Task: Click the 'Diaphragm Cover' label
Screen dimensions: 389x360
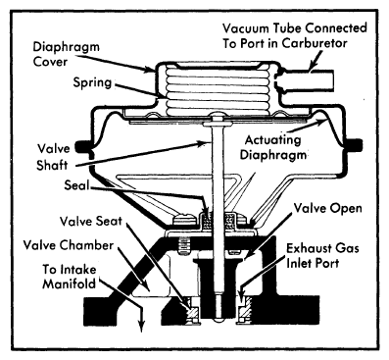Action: pos(66,54)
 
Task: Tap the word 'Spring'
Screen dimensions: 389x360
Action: pos(92,82)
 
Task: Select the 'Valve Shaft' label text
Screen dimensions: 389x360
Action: pos(53,157)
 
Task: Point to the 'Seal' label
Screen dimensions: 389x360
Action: pos(76,185)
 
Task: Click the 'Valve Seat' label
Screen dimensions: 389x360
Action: pos(91,221)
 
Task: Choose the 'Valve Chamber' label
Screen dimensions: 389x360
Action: pos(69,245)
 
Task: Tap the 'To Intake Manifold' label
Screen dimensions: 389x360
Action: pos(70,277)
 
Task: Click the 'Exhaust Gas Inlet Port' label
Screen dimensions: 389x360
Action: pos(322,255)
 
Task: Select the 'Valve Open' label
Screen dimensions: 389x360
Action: pos(327,208)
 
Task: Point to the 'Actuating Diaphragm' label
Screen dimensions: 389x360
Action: pos(273,147)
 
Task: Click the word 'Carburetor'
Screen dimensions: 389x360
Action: pos(315,43)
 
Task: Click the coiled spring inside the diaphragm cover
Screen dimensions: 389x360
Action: pos(218,90)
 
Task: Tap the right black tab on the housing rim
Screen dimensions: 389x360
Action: pos(355,145)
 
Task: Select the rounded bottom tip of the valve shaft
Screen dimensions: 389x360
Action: pos(218,321)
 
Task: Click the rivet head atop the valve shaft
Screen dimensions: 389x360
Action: pos(218,115)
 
